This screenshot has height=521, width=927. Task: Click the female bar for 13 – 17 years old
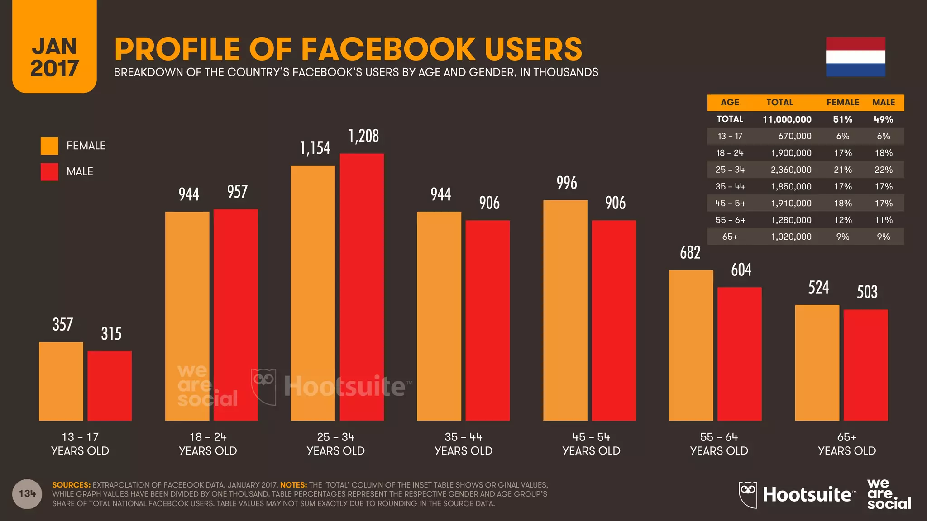61,381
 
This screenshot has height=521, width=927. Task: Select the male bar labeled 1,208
362,287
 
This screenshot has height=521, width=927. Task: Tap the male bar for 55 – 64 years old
739,354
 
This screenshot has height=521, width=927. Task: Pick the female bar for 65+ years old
817,363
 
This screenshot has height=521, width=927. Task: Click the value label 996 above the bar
567,183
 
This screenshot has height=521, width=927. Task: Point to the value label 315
111,334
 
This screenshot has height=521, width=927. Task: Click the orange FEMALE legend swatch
49,146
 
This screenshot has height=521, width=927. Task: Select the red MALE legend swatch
49,172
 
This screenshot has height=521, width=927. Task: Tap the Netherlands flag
855,57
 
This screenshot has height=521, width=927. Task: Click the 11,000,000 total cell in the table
787,119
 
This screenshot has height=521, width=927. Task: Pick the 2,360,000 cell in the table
791,170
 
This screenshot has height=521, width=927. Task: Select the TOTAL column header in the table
779,102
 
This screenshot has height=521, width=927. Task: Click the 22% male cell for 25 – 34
883,170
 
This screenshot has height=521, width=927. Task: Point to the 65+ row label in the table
730,237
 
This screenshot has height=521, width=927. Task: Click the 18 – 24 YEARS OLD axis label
208,444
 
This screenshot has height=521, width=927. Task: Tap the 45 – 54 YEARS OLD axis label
591,444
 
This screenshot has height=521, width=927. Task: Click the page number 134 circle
27,493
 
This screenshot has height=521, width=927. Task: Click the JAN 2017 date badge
54,57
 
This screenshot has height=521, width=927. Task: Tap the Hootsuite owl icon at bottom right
748,494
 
